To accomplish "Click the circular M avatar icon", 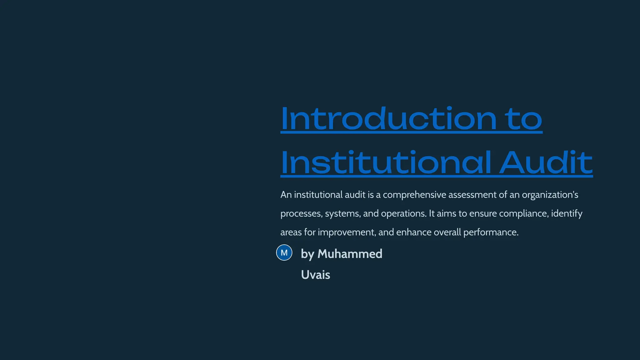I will click(284, 252).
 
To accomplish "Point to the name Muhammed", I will click(350, 254).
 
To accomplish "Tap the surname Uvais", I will click(315, 275).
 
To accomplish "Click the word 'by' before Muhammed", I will click(307, 254).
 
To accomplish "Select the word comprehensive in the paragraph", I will click(414, 195).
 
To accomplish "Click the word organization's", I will click(550, 195).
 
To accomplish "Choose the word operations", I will click(403, 214).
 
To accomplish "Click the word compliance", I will click(524, 213).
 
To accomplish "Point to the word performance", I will click(491, 232).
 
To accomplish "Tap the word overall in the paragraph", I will click(447, 232).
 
